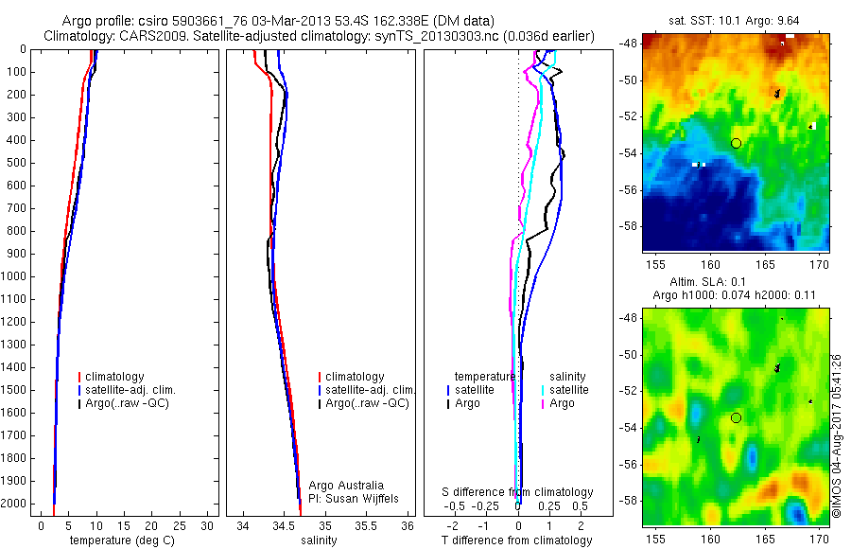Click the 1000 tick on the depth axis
(x=17, y=276)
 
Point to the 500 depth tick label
(x=17, y=163)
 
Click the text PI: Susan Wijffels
(x=353, y=498)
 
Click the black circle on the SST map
(x=736, y=143)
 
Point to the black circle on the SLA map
(x=736, y=417)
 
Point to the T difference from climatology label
(x=517, y=540)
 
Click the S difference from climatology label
(x=517, y=492)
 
